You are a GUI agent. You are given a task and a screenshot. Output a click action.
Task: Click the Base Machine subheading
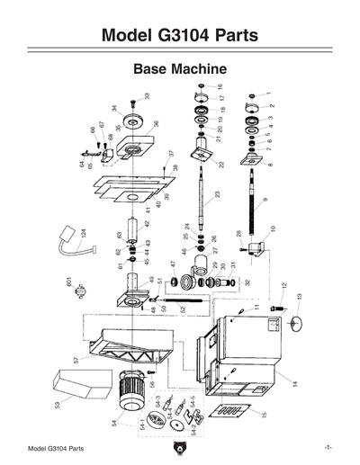coord(179,68)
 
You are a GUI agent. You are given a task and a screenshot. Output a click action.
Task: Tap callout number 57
coord(76,360)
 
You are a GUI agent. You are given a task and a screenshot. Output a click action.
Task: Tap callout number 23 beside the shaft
coord(217,195)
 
